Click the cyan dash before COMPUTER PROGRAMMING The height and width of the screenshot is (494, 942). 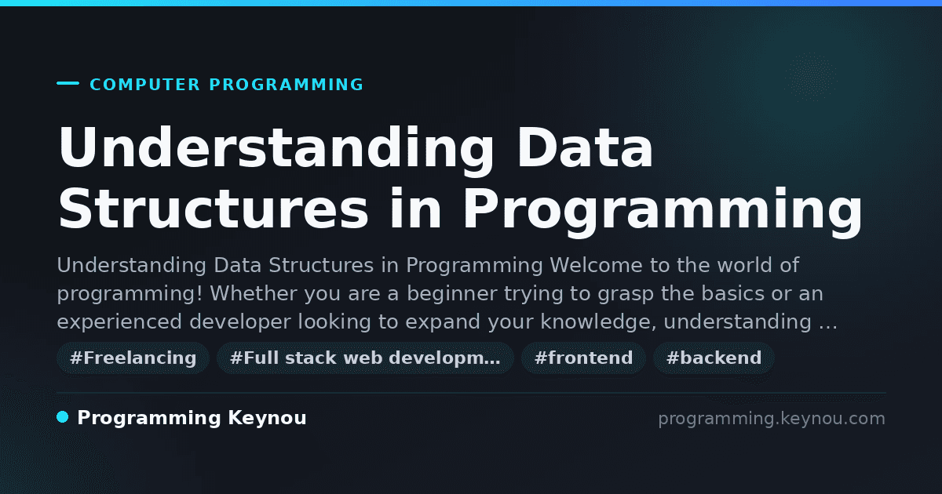pyautogui.click(x=68, y=83)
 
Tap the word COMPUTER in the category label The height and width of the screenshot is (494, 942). pyautogui.click(x=144, y=85)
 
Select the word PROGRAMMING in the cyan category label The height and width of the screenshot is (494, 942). pyautogui.click(x=287, y=85)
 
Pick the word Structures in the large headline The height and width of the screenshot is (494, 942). pyautogui.click(x=214, y=209)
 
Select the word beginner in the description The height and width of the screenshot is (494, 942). pyautogui.click(x=451, y=293)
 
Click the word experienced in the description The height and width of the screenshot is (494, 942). pyautogui.click(x=119, y=321)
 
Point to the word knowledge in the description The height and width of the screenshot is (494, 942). pyautogui.click(x=598, y=321)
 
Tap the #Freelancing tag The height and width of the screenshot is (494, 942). pyautogui.click(x=133, y=358)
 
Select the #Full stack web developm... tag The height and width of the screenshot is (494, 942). pyautogui.click(x=365, y=358)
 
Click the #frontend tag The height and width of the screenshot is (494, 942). pyautogui.click(x=583, y=358)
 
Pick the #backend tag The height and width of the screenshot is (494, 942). pyautogui.click(x=714, y=358)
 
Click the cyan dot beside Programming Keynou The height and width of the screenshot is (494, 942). pyautogui.click(x=62, y=417)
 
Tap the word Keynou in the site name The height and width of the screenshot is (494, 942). pyautogui.click(x=267, y=418)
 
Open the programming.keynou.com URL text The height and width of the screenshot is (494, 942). pyautogui.click(x=772, y=419)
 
